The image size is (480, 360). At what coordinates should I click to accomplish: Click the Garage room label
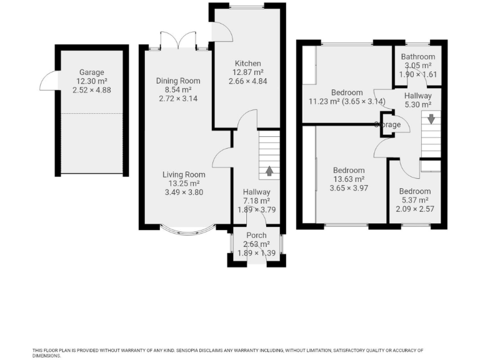(x=91, y=72)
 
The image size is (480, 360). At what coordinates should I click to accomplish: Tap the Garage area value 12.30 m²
(x=91, y=81)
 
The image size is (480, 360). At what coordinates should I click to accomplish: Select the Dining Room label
(x=178, y=81)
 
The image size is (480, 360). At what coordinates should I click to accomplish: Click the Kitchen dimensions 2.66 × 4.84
(x=248, y=81)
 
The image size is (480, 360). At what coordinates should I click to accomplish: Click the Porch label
(x=256, y=235)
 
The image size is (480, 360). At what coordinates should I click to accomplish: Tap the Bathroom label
(x=418, y=57)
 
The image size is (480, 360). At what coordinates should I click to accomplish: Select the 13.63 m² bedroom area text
(x=348, y=179)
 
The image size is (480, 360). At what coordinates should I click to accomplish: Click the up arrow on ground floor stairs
(x=269, y=170)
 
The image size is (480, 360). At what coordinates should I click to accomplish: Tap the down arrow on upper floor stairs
(x=431, y=118)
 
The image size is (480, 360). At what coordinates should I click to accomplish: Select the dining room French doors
(x=177, y=41)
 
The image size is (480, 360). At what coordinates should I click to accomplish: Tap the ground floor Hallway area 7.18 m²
(x=256, y=201)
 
